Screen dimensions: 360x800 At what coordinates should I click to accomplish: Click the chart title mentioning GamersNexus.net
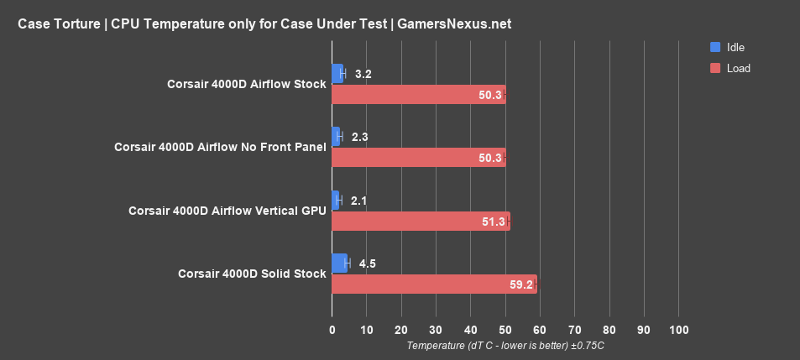[264, 24]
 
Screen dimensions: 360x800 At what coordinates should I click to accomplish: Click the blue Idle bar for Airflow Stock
[337, 74]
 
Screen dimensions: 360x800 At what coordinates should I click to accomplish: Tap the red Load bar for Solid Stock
[434, 284]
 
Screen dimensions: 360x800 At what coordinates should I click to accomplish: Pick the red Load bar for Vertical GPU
[421, 221]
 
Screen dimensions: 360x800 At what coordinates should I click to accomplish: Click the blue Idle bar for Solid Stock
[340, 263]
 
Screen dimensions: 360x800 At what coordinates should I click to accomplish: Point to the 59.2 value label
[521, 284]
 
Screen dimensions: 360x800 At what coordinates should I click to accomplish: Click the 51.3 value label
[494, 221]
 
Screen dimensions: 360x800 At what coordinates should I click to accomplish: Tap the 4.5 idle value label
[367, 263]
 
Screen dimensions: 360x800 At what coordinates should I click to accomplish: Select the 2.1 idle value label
[358, 201]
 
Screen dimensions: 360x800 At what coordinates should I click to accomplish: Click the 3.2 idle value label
[363, 74]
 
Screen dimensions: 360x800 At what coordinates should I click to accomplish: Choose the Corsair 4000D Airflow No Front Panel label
[220, 147]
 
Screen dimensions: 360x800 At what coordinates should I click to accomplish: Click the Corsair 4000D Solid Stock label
[252, 274]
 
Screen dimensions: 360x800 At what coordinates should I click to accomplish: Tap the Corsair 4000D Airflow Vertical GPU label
[227, 211]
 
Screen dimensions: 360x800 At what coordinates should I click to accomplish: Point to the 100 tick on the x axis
[678, 329]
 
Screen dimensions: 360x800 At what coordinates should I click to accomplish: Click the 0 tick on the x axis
[332, 329]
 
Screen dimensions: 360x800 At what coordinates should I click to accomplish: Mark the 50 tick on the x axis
[505, 329]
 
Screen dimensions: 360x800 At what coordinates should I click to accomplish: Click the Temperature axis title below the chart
[505, 345]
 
